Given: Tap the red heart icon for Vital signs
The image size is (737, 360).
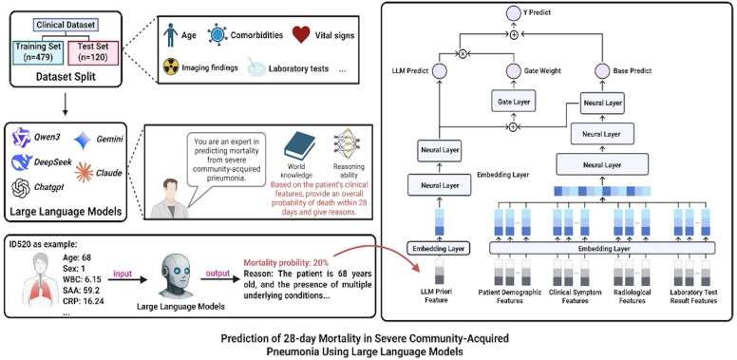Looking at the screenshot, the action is (301, 35).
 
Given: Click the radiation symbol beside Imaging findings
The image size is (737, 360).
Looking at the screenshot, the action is (170, 66).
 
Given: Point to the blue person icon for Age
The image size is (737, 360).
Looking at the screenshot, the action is (169, 34).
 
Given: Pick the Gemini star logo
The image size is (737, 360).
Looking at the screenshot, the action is (83, 141).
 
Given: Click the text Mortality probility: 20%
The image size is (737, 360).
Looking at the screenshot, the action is (286, 263).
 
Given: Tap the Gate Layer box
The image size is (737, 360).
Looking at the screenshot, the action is (513, 101).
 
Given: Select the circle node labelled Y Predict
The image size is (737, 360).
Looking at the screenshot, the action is (514, 13).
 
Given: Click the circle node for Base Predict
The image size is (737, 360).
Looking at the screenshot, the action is (601, 71).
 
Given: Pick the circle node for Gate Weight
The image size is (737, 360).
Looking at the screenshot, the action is (513, 71).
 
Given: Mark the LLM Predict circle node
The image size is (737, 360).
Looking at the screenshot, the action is (439, 71).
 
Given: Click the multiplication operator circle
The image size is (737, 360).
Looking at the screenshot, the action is (462, 54).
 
